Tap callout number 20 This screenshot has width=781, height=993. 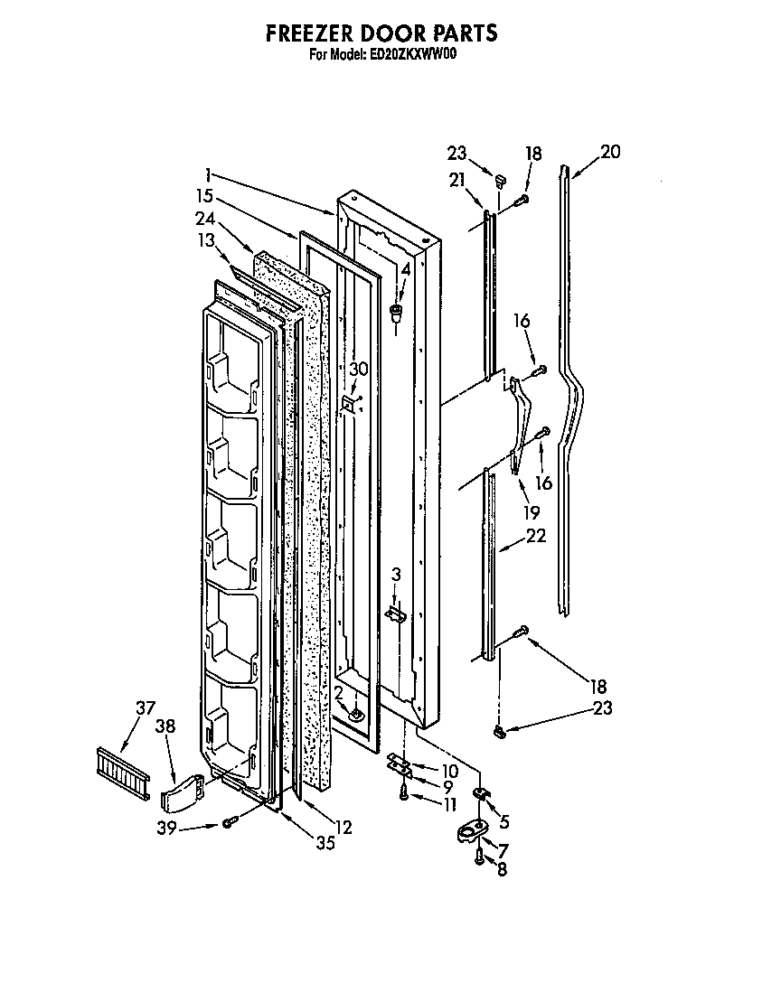click(x=610, y=152)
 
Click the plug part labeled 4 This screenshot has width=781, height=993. click(x=395, y=313)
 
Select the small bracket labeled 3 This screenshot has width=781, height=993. click(x=395, y=614)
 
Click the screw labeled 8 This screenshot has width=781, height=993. click(x=479, y=861)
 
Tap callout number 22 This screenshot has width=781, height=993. click(x=536, y=536)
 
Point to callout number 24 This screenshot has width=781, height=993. click(x=205, y=218)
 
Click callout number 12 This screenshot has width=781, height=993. click(x=342, y=827)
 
